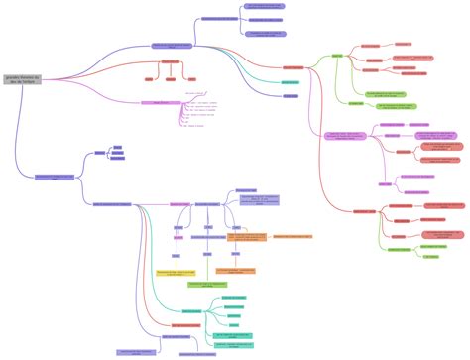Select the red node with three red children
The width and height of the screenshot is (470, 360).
click(x=170, y=62)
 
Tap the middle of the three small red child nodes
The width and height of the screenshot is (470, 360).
click(x=170, y=77)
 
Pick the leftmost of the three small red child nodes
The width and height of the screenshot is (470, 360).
click(x=149, y=77)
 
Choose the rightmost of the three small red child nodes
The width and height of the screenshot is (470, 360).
click(x=191, y=77)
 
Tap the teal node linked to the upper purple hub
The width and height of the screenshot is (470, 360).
click(x=291, y=82)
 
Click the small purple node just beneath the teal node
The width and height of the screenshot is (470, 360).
click(x=291, y=96)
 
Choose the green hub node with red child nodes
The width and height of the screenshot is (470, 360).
click(x=337, y=57)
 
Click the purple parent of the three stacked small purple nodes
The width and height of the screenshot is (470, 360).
click(x=99, y=153)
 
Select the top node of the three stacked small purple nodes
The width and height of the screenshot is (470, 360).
click(x=118, y=147)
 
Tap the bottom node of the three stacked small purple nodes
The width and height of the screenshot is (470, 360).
click(x=118, y=159)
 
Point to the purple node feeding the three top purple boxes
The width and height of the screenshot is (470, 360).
click(x=219, y=19)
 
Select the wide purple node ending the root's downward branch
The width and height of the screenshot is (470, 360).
click(x=56, y=178)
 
